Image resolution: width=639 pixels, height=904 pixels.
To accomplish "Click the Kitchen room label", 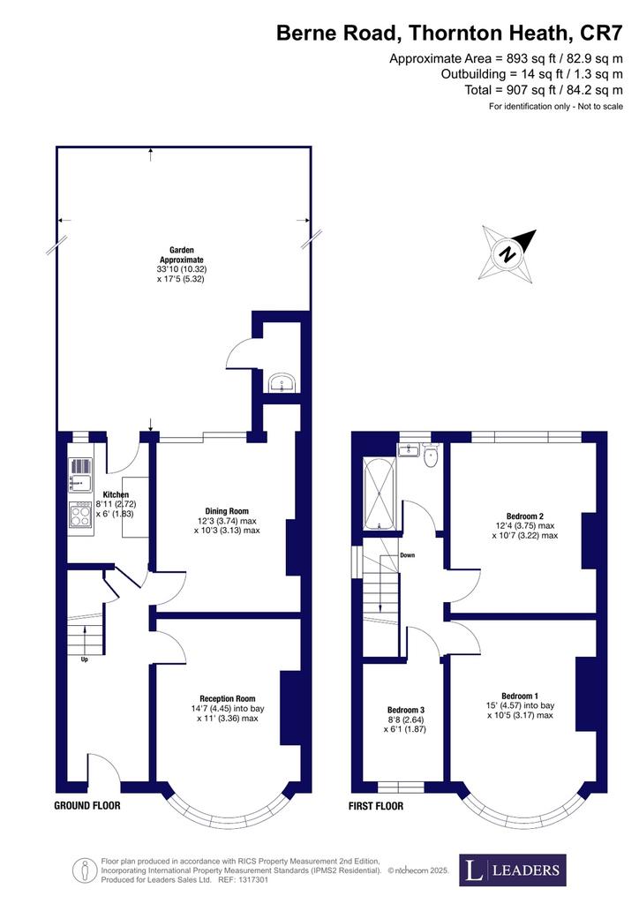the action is [x=116, y=494].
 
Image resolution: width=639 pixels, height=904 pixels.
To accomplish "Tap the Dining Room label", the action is [x=227, y=511].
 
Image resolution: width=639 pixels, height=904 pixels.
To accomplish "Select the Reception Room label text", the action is [x=228, y=699].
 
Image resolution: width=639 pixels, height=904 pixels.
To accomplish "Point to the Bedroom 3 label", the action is [x=406, y=710].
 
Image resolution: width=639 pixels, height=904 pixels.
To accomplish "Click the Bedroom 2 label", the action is [x=525, y=516].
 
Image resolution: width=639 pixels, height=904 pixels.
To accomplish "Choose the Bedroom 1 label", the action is [x=520, y=696].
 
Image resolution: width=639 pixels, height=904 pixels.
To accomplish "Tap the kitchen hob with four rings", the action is [x=80, y=514].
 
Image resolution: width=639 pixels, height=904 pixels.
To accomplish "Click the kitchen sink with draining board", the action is [x=80, y=476].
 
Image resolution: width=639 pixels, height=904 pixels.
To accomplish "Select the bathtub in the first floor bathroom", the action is [x=379, y=493].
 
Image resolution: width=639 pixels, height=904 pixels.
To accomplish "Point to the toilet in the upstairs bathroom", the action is [x=431, y=455].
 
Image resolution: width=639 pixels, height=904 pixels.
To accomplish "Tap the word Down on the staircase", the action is [x=408, y=555].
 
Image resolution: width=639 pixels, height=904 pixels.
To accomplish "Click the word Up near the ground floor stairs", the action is [x=84, y=659].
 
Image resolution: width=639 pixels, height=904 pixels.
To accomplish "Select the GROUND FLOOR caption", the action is [x=87, y=805].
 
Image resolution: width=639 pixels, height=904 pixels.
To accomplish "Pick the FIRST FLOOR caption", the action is [x=376, y=806].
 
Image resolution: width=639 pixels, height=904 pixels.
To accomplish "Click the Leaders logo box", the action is [x=512, y=870].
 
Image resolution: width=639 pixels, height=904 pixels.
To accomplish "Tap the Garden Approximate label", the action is [x=182, y=255].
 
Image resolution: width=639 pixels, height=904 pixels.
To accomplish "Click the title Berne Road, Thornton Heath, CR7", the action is [x=449, y=33].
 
